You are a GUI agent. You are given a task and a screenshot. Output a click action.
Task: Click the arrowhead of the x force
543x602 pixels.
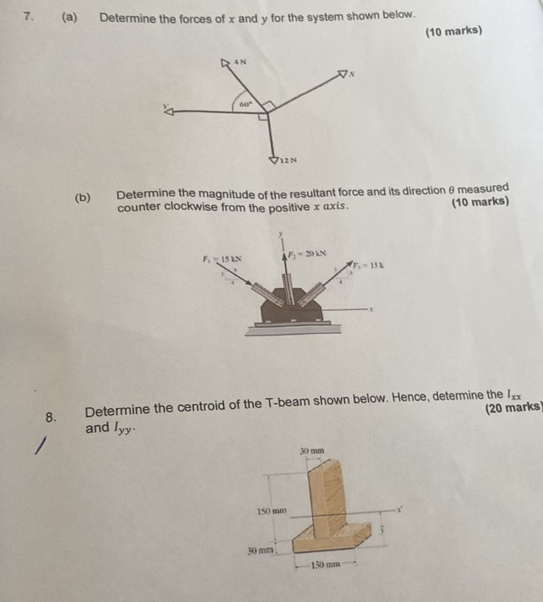coord(342,73)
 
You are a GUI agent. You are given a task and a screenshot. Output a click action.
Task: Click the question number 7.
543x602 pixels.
coord(28,15)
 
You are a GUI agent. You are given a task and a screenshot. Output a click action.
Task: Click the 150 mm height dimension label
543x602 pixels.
coord(270,509)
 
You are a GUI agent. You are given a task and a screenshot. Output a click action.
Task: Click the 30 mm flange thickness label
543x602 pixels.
coord(259,548)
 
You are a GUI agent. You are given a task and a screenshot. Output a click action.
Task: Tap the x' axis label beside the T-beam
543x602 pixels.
coord(400,508)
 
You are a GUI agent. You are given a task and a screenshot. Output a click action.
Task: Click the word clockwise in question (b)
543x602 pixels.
coord(190,208)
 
